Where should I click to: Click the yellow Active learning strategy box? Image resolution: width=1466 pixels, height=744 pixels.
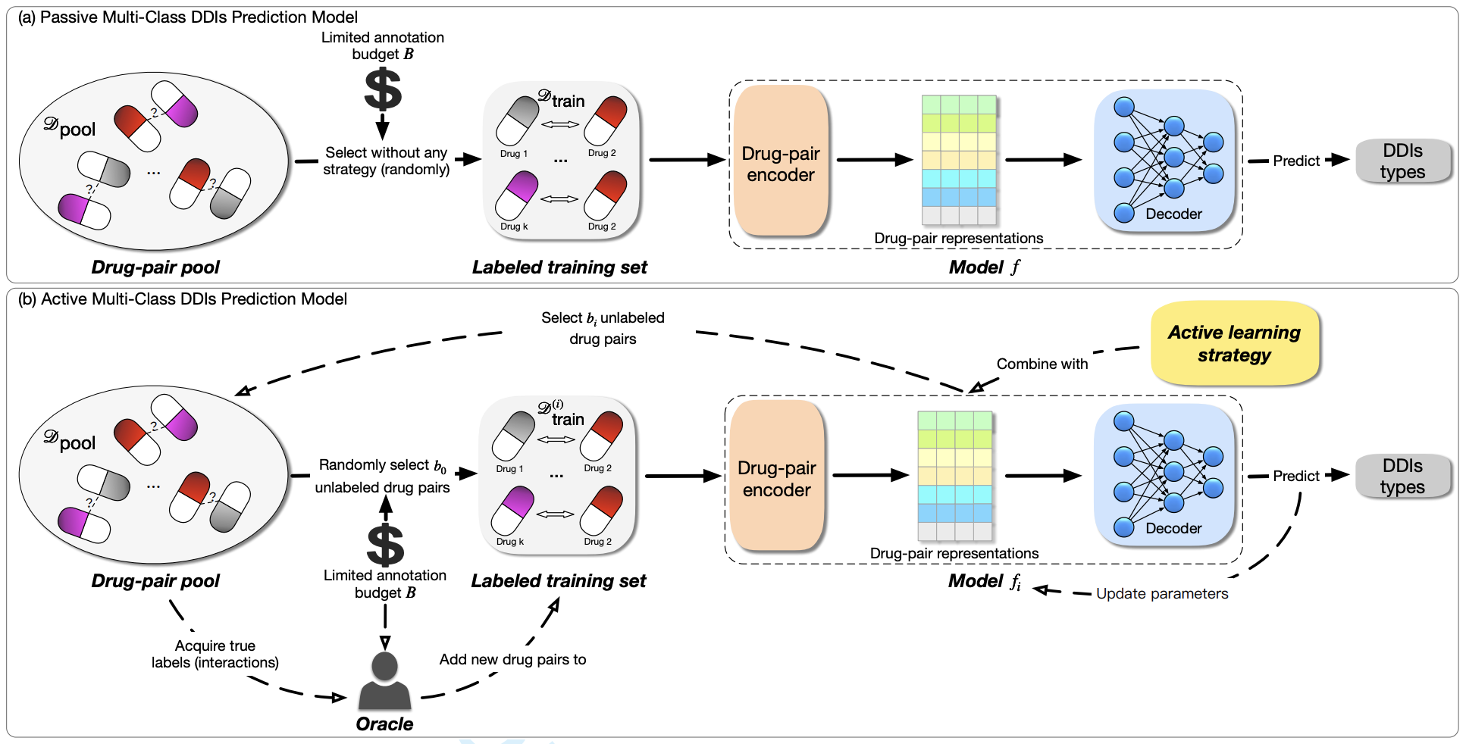coord(1234,343)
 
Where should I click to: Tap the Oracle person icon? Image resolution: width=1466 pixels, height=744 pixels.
coord(384,681)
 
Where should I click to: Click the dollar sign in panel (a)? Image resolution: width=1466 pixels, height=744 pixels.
coord(383,89)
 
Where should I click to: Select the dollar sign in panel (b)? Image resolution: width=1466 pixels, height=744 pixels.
coord(385,545)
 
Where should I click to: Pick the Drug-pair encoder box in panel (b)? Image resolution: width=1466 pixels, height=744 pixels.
coord(776,477)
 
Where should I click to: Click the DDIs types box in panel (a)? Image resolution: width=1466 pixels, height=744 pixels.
coord(1402,161)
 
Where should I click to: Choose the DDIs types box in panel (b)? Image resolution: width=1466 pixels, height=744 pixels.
coord(1402,476)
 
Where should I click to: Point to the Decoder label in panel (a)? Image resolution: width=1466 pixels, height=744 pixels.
coord(1173,214)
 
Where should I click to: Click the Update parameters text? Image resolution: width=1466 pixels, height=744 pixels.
coord(1161,594)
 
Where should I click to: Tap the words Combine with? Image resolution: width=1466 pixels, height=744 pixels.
coord(1042,364)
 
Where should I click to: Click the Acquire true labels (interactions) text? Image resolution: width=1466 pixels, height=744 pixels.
coord(215,654)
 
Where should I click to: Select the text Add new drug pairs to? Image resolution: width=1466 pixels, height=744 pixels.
coord(512,660)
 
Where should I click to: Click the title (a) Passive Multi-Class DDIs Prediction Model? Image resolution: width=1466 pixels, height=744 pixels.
coord(188,17)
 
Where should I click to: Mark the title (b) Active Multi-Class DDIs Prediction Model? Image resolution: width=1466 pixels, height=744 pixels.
coord(182,299)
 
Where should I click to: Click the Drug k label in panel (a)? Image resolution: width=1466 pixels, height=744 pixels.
coord(514,227)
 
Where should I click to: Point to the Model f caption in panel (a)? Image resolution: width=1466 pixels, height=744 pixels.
coord(984,267)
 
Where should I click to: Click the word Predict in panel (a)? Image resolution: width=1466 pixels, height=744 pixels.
coord(1295,161)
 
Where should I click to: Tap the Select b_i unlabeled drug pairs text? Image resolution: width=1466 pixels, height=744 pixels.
coord(603,328)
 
